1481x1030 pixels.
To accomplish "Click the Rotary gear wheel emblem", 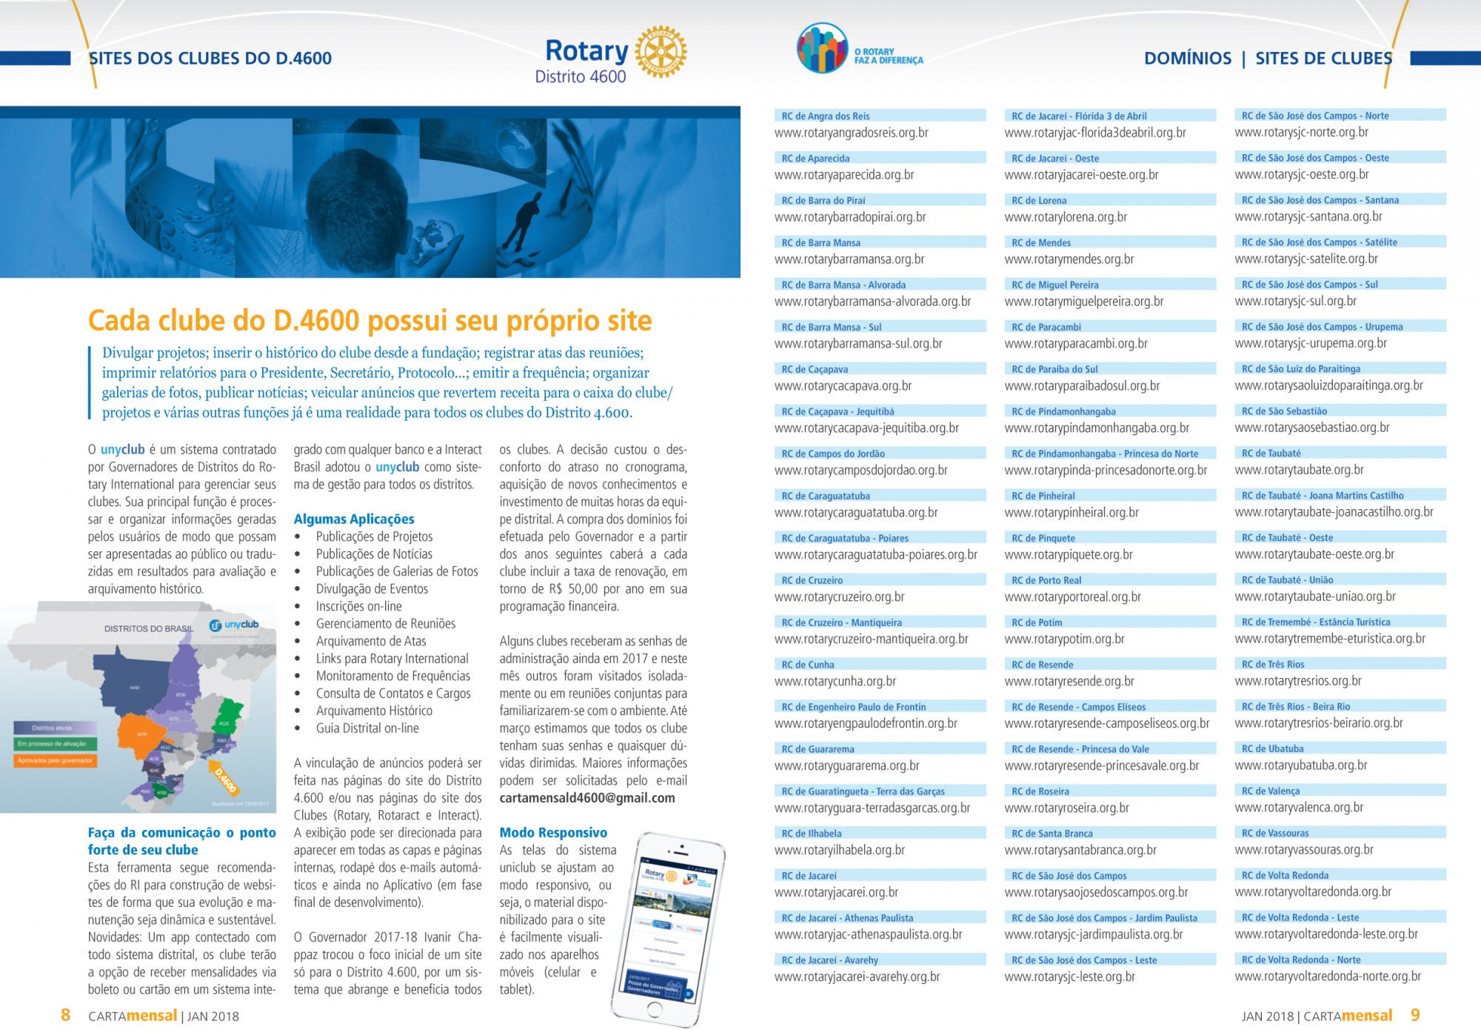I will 661,52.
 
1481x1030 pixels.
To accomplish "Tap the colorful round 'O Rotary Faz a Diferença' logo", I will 821,48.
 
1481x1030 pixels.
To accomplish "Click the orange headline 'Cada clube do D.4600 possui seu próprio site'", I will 370,321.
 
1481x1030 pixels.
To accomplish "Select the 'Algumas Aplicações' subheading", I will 354,519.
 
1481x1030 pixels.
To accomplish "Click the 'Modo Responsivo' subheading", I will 553,832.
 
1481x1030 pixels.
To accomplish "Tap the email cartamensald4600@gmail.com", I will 587,798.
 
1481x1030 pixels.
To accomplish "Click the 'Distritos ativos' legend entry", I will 54,728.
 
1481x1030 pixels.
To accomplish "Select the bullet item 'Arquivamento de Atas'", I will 371,641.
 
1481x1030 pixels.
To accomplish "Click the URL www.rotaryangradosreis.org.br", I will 852,133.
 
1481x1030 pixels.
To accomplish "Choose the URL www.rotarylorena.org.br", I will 1066,217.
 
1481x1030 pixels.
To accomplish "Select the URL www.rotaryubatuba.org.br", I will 1301,765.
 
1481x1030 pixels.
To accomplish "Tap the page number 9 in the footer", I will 1415,1015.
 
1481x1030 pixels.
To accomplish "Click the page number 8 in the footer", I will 65,1015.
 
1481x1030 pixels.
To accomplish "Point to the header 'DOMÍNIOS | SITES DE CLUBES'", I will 1268,59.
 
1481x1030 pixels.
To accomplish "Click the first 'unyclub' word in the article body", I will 122,450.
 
